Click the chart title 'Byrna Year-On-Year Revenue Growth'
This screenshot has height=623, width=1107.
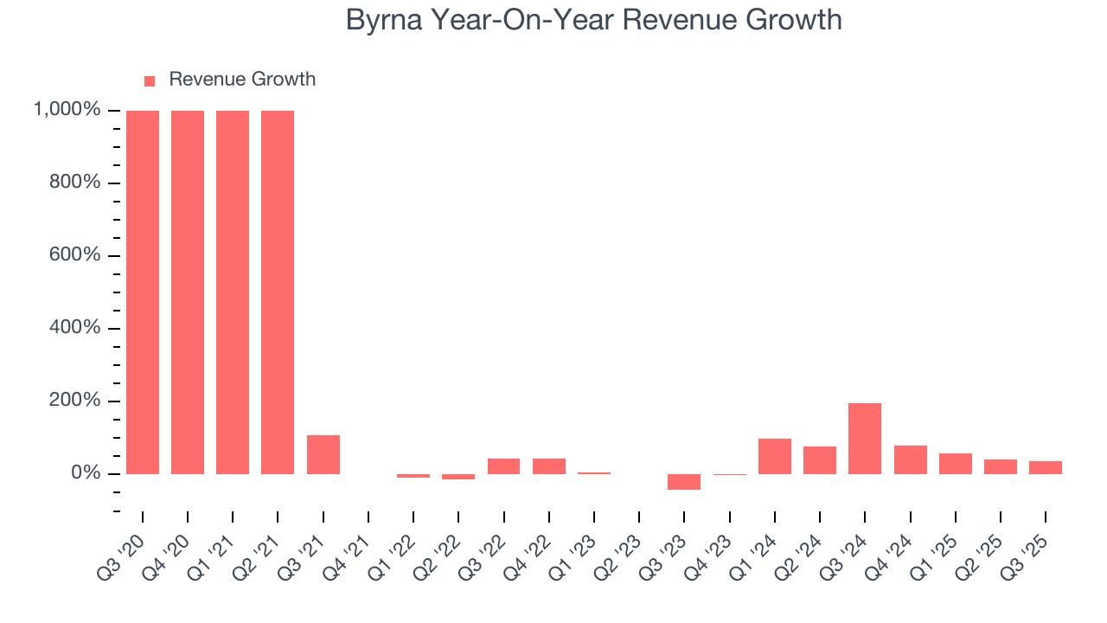click(593, 20)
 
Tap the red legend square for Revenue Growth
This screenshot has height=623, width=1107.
click(150, 80)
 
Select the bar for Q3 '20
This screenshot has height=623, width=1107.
click(143, 292)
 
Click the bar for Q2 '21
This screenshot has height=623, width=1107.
click(278, 292)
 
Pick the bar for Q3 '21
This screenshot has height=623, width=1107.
click(323, 454)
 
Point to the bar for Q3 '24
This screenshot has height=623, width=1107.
click(865, 439)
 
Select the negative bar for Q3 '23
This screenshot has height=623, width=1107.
click(684, 482)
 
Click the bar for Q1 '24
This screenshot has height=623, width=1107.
click(775, 456)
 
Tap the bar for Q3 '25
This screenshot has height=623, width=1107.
click(1046, 467)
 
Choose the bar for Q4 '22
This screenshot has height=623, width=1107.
click(549, 466)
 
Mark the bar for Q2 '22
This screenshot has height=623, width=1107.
click(458, 477)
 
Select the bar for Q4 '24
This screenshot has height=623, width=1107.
click(910, 459)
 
